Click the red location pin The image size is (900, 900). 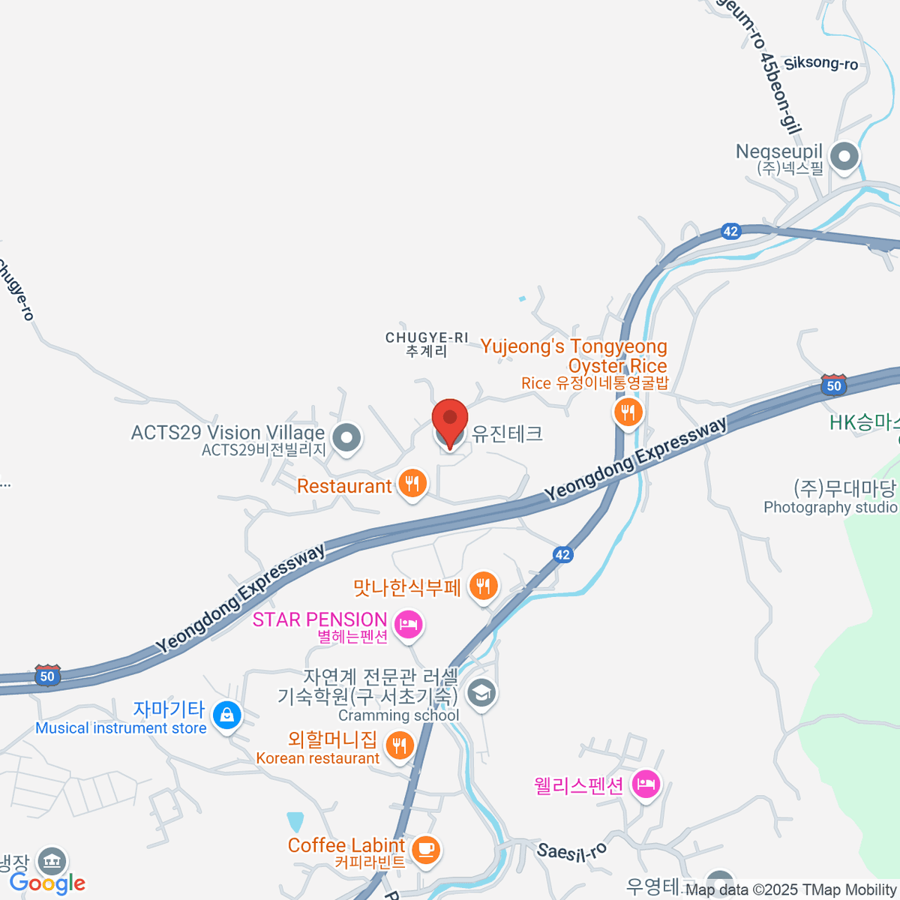[450, 421]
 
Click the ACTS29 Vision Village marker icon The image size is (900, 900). [346, 437]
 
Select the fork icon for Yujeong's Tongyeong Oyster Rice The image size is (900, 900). [628, 412]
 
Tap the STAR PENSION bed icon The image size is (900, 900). [408, 623]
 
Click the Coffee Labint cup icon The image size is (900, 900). [426, 849]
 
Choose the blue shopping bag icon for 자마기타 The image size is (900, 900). [226, 715]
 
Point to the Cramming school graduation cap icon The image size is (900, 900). [481, 692]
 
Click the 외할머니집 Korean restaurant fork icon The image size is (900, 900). [399, 745]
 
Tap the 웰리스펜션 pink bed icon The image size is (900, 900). [645, 784]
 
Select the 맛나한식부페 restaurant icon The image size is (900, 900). [484, 586]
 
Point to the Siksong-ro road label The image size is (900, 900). [821, 63]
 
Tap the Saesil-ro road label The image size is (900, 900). [571, 852]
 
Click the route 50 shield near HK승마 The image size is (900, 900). [834, 385]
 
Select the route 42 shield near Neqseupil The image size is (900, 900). [730, 231]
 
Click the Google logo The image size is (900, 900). [48, 883]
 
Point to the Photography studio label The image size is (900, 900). [830, 508]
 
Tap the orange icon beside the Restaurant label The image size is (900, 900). [412, 484]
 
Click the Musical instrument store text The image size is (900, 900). [121, 728]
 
